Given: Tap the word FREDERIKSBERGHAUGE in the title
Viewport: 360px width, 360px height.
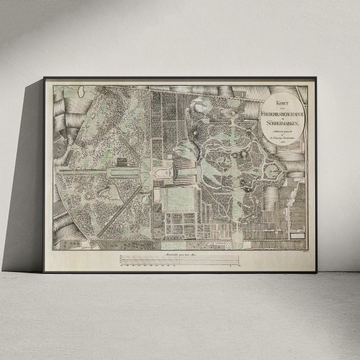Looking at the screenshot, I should [283, 110].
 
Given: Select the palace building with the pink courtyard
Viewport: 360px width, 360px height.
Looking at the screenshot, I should [159, 172].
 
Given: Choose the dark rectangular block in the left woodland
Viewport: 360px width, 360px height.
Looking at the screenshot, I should [120, 161].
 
